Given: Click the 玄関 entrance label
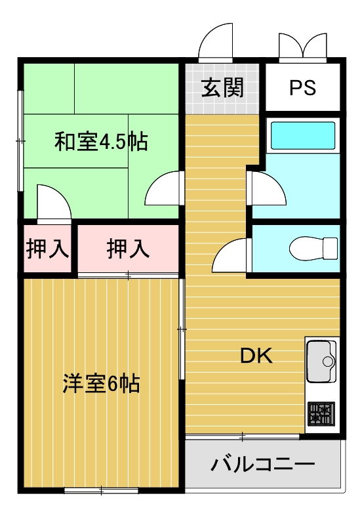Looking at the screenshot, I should pyautogui.click(x=223, y=87).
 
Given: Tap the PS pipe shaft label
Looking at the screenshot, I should pyautogui.click(x=302, y=87).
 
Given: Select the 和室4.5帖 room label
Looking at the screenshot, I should pyautogui.click(x=100, y=141).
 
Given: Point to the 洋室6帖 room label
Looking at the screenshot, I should pyautogui.click(x=102, y=384).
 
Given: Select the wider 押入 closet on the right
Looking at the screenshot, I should pyautogui.click(x=129, y=249).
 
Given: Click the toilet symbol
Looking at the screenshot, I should pyautogui.click(x=313, y=249).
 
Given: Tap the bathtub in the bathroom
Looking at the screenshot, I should pyautogui.click(x=302, y=136).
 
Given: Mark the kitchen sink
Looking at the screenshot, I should pyautogui.click(x=321, y=361).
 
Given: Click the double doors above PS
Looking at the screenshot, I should pyautogui.click(x=302, y=45).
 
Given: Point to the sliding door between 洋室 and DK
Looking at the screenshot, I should pyautogui.click(x=181, y=328).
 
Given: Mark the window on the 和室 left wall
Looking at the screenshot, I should pyautogui.click(x=21, y=140).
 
